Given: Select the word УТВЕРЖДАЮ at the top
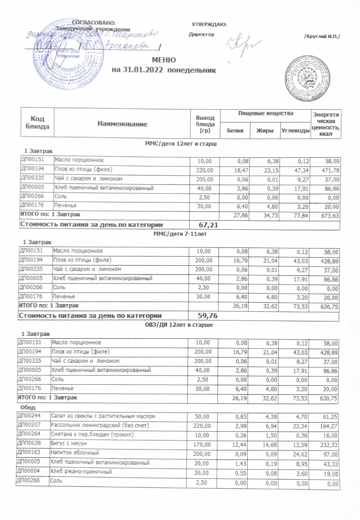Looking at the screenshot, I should click(209, 24).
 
